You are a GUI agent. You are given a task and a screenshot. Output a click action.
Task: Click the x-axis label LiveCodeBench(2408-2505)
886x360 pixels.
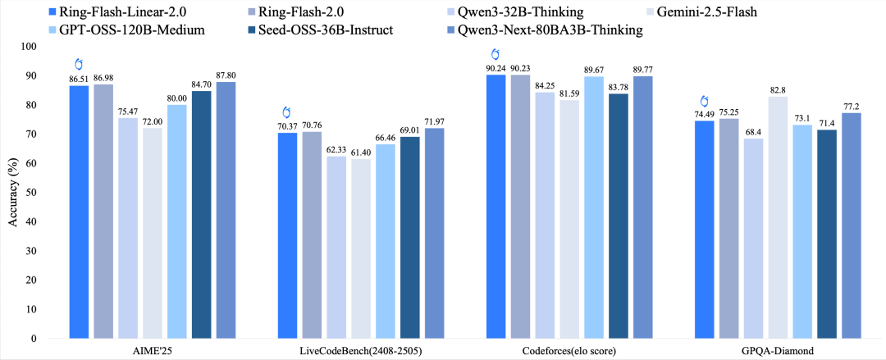coord(362,351)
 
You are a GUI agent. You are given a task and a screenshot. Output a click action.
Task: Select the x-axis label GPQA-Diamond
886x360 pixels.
coord(752,351)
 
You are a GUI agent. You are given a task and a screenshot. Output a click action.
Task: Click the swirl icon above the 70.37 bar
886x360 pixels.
coord(286,112)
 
